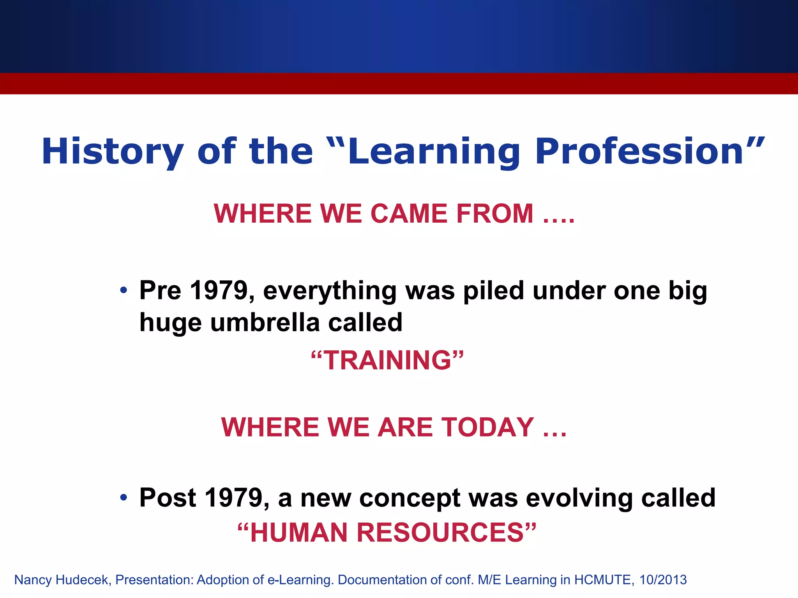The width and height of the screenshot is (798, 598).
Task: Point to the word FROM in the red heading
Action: (494, 214)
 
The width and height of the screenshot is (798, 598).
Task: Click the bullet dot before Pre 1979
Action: (124, 290)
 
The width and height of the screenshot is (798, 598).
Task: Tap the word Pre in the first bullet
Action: (160, 290)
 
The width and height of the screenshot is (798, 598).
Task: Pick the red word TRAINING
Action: (388, 360)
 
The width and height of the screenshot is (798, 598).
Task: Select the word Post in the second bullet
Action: (168, 498)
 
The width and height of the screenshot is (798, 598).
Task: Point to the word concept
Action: (409, 498)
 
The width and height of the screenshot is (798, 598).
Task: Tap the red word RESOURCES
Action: (440, 533)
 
